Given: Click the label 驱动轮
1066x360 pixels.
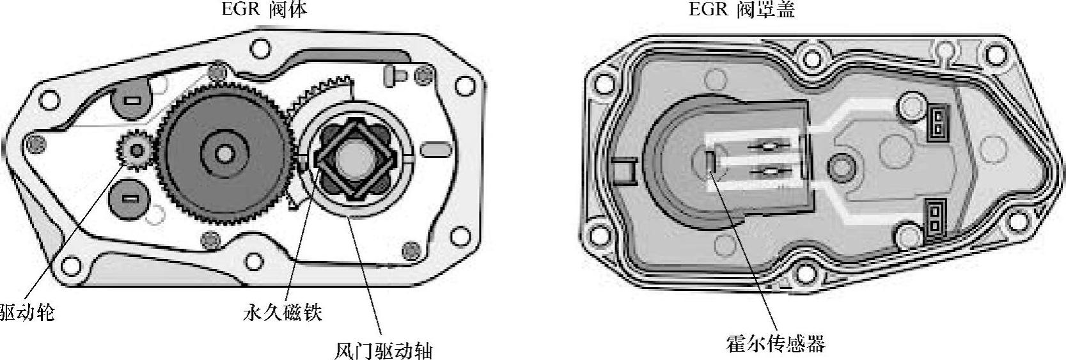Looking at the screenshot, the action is click(x=27, y=313).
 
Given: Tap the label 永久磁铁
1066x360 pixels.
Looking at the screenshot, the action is click(x=282, y=313).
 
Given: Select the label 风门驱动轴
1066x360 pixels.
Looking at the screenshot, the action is click(x=383, y=351).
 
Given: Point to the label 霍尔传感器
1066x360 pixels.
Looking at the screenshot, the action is click(x=775, y=343).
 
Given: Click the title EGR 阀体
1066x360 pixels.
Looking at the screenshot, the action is click(x=264, y=9).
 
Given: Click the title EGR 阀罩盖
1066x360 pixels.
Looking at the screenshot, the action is click(x=742, y=9).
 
